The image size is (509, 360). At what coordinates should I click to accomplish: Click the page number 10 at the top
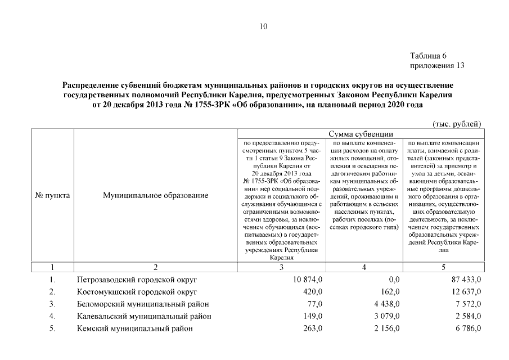[x=263, y=26]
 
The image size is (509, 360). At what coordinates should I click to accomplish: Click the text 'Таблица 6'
[x=429, y=56]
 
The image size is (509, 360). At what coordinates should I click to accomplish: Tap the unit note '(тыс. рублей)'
[x=457, y=123]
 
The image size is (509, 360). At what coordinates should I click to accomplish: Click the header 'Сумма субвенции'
[x=360, y=134]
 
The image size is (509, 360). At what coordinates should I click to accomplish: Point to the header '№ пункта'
[x=52, y=196]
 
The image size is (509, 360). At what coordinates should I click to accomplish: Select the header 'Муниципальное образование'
[x=156, y=196]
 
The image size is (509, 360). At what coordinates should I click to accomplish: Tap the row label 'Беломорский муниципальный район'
[x=143, y=304]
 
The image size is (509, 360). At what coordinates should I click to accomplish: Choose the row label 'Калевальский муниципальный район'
[x=144, y=316]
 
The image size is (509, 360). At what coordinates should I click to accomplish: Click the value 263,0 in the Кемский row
[x=313, y=328]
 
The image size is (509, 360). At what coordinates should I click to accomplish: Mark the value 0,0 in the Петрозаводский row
[x=394, y=280]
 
